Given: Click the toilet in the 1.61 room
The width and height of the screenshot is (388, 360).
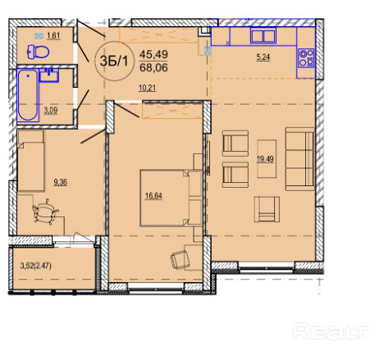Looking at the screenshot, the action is pos(38,52).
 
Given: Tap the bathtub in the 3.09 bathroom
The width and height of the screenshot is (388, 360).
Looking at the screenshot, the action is pos(28,95).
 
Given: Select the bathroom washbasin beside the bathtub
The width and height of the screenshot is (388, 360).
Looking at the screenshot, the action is pos(49,75).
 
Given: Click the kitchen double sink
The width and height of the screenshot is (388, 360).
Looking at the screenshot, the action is pos(263,35).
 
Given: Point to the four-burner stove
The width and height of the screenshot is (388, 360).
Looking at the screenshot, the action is pos(306,58).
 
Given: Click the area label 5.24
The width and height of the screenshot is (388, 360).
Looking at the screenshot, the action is pos(263,57).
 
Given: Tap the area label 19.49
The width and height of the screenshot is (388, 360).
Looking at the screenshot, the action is pos(265,159).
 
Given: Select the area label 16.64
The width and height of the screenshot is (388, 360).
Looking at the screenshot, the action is pos(153,196).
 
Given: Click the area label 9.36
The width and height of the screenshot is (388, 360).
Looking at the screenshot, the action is pos(60,182).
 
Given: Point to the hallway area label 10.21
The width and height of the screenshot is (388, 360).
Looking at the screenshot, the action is pos(147,88).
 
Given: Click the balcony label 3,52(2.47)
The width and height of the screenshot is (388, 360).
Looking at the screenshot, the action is pos(36,266).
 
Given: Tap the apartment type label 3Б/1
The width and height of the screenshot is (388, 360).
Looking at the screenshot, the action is pos(114,61).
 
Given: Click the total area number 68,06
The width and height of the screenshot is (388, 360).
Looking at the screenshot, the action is pos(153,67).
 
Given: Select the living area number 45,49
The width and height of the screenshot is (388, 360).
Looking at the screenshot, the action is pos(153,54).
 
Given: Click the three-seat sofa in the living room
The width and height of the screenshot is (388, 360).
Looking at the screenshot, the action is pos(300,159).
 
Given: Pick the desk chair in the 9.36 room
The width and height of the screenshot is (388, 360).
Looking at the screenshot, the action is pos(45,212).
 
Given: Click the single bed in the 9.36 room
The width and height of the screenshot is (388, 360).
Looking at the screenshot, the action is pos(31,161).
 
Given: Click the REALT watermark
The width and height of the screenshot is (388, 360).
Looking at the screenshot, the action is pos(331,331).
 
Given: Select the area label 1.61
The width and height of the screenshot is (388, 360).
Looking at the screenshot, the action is pos(53,35).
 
